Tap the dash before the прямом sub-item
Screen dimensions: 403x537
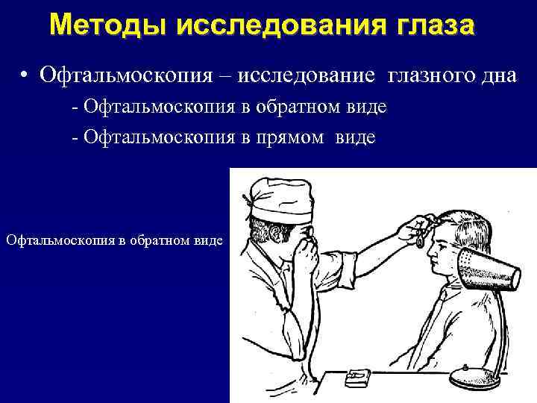click(x=75, y=137)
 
